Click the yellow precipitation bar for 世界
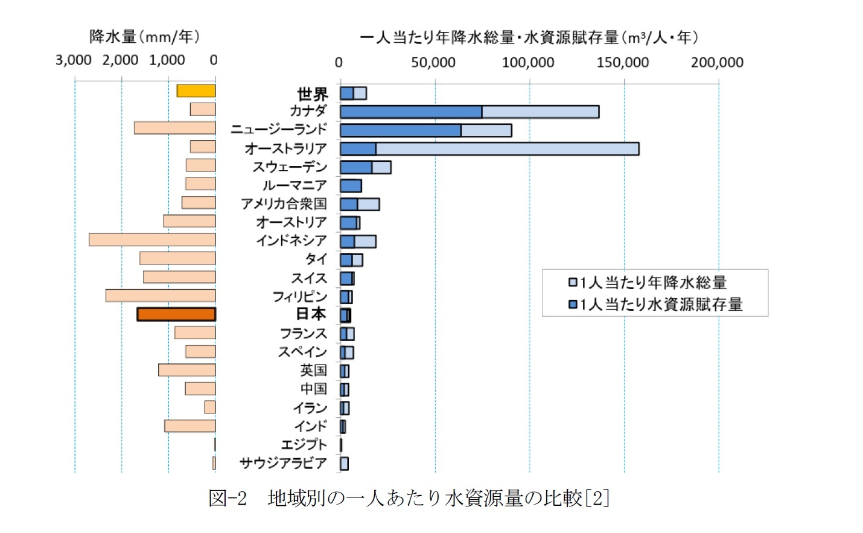point(196,91)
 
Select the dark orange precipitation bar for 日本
point(176,314)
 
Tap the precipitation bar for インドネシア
point(152,240)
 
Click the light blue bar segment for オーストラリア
point(507,148)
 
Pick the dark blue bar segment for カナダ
point(410,112)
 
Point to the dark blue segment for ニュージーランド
point(400,130)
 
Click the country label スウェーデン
point(290,167)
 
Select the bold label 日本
point(311,314)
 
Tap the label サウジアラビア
point(283,463)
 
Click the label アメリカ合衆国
point(284,204)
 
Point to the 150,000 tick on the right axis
point(623,62)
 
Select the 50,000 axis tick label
point(433,62)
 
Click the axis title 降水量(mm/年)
point(144,37)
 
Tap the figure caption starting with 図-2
point(409,498)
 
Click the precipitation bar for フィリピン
point(161,296)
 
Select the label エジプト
point(304,445)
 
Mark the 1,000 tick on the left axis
point(167,60)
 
